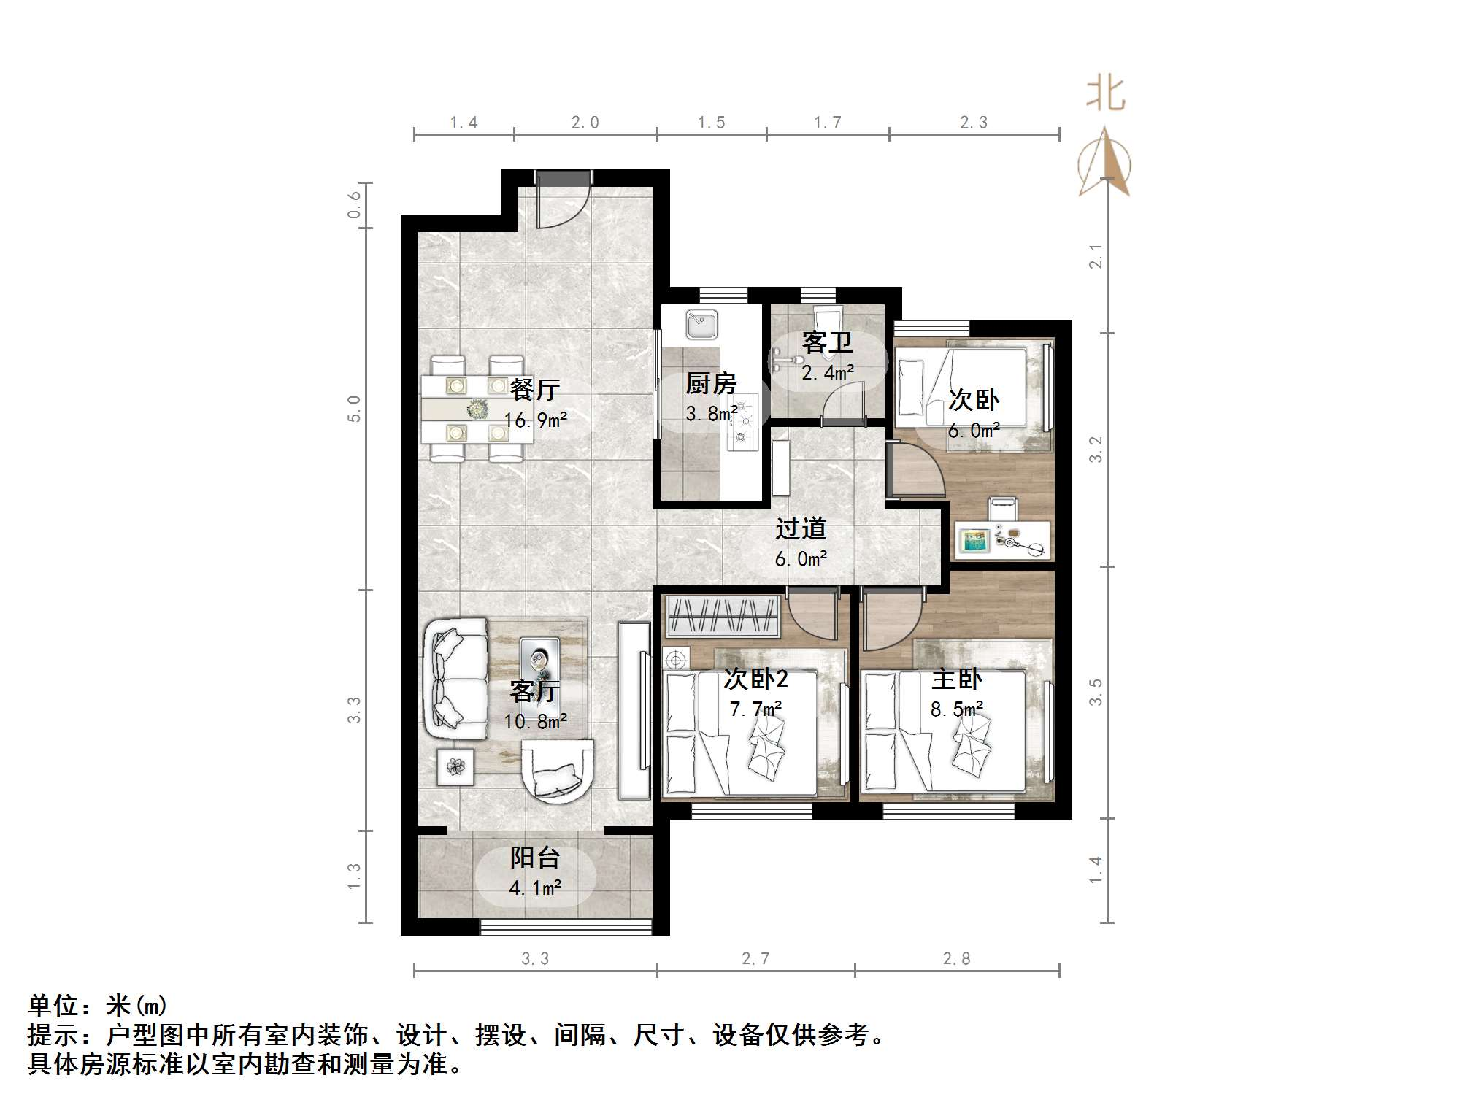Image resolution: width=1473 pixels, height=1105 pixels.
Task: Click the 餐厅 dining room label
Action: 534,389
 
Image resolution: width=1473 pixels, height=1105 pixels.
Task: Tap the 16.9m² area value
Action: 535,420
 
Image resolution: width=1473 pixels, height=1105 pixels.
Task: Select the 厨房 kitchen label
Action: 710,383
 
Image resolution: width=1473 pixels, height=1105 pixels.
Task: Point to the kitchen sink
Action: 701,324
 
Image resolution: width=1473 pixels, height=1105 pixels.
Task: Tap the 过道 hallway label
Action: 801,528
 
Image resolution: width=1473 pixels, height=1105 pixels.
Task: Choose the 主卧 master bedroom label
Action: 956,679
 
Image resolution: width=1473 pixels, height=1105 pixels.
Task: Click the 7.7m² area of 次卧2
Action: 756,709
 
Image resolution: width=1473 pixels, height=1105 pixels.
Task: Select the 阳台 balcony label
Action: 534,857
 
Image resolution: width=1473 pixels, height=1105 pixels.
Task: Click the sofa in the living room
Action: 455,678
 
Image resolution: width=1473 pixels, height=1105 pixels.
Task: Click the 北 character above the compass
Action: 1105,93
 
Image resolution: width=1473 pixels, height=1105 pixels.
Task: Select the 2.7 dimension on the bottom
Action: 755,958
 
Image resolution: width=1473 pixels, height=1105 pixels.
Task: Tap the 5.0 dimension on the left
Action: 354,409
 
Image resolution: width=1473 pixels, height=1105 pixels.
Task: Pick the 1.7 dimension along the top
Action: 828,122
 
